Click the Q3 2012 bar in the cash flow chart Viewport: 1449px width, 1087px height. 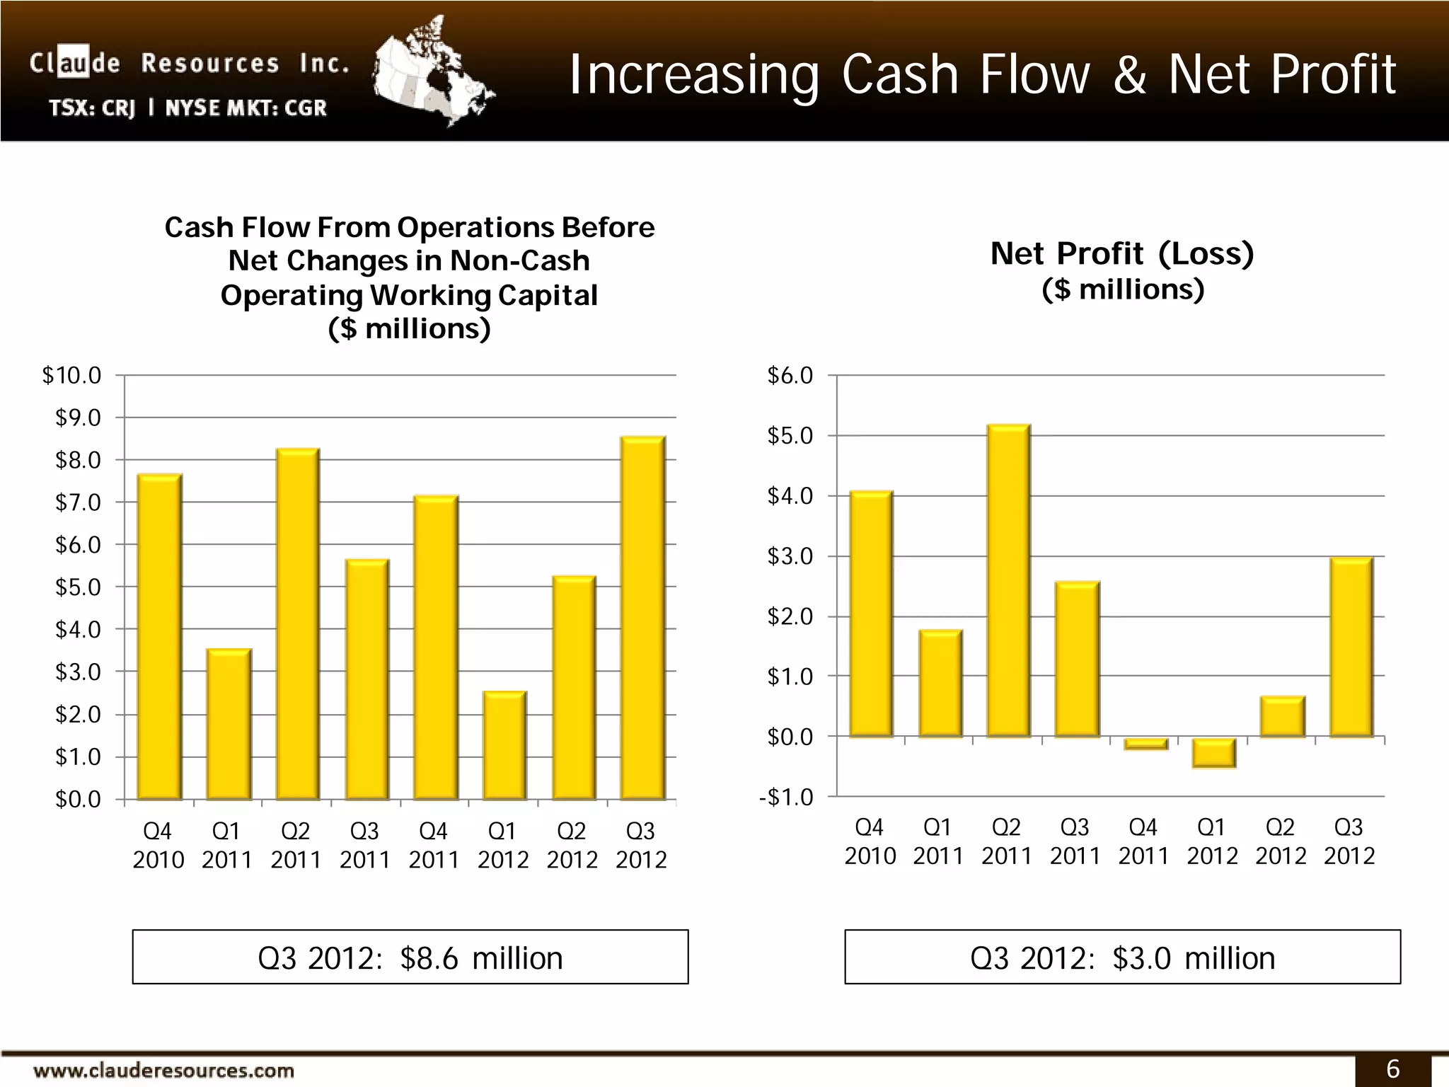(x=643, y=619)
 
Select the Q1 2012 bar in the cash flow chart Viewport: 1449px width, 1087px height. (x=504, y=746)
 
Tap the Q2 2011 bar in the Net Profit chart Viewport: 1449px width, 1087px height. (x=1008, y=581)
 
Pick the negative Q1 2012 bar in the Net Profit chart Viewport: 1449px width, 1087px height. (x=1214, y=752)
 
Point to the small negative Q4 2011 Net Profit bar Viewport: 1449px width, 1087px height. (x=1145, y=743)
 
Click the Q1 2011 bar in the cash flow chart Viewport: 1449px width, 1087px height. (x=229, y=725)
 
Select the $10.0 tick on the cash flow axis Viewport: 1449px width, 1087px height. (x=72, y=375)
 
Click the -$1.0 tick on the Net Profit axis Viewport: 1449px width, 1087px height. (x=787, y=798)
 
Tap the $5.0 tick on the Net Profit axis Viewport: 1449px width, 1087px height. (x=790, y=436)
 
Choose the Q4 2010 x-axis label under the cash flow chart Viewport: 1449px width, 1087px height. (x=158, y=845)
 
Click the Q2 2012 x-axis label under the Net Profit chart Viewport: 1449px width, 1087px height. (x=1281, y=841)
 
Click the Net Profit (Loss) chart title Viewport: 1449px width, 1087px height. (x=1122, y=253)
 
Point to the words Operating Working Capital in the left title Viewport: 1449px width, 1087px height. (x=409, y=295)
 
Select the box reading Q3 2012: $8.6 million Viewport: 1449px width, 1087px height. (x=410, y=957)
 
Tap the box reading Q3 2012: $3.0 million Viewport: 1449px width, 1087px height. (x=1122, y=957)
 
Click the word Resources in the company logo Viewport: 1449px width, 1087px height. (x=210, y=64)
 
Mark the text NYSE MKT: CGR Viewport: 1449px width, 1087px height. (x=246, y=108)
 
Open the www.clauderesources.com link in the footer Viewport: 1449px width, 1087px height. (x=163, y=1070)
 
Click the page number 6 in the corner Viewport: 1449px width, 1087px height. (x=1392, y=1069)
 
